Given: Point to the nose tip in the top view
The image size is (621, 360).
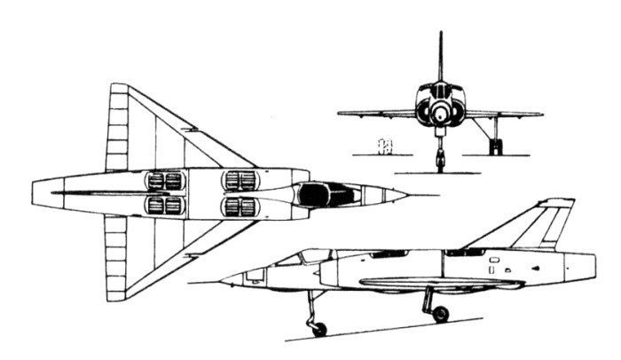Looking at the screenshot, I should click(407, 193).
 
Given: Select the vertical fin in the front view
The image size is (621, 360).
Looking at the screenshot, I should click(440, 58).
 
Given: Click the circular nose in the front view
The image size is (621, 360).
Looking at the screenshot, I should click(440, 112).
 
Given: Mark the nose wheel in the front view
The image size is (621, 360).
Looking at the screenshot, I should click(440, 162).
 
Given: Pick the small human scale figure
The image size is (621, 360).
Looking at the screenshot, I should click(384, 145).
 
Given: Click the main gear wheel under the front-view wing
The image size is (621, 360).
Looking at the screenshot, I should click(495, 146).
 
